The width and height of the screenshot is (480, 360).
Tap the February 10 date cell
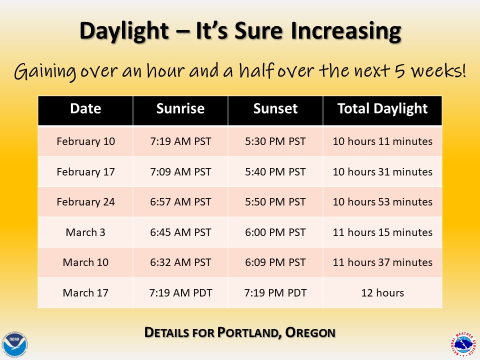click(x=85, y=141)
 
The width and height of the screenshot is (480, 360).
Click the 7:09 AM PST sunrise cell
click(x=180, y=171)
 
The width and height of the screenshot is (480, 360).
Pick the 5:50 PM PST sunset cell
click(x=275, y=202)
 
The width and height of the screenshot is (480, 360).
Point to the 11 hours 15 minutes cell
click(x=382, y=232)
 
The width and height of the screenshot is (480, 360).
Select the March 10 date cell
click(x=85, y=262)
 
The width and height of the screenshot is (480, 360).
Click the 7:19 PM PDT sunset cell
click(x=275, y=293)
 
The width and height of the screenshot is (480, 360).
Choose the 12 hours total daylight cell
click(x=382, y=293)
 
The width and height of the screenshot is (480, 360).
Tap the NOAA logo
click(x=14, y=345)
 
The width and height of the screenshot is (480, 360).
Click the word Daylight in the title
click(x=124, y=31)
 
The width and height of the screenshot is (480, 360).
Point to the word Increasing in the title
click(x=346, y=31)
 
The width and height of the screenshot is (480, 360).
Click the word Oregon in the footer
click(x=310, y=332)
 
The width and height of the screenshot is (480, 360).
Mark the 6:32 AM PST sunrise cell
click(x=180, y=262)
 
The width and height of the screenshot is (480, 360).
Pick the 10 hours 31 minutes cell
click(x=382, y=171)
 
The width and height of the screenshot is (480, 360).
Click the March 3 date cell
click(x=85, y=232)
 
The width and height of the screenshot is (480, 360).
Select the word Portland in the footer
click(x=250, y=333)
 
